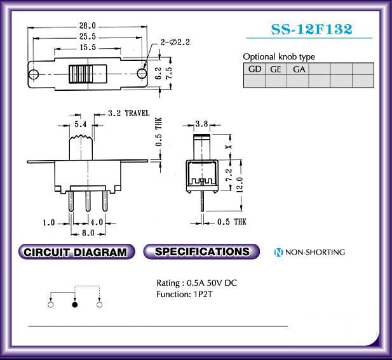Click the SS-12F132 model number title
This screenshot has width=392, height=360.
click(x=312, y=29)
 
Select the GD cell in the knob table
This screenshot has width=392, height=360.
click(x=255, y=69)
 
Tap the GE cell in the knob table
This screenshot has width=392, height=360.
click(x=276, y=69)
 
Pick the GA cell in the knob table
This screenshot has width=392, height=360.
click(x=299, y=69)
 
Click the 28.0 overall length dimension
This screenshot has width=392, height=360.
click(x=88, y=25)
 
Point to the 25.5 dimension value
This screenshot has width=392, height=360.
click(x=88, y=37)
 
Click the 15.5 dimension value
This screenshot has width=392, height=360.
click(x=88, y=48)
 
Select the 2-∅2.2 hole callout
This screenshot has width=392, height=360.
click(x=175, y=42)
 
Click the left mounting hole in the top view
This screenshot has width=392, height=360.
click(x=33, y=74)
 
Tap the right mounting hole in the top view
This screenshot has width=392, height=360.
click(x=142, y=74)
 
